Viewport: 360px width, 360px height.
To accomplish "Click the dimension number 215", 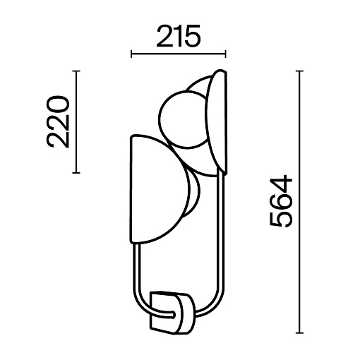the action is pyautogui.click(x=179, y=36).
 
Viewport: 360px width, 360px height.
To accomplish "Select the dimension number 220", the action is pyautogui.click(x=58, y=121).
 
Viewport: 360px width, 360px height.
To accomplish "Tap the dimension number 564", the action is pyautogui.click(x=281, y=201).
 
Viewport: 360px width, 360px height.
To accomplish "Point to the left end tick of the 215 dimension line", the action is pyautogui.click(x=131, y=54).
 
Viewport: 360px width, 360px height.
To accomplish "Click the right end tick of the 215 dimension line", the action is pyautogui.click(x=226, y=54).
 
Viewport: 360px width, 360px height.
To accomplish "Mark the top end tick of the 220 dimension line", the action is pyautogui.click(x=76, y=71).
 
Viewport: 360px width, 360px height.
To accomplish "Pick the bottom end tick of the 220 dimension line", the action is pyautogui.click(x=76, y=173).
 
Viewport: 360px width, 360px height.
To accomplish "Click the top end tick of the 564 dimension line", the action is pyautogui.click(x=299, y=71).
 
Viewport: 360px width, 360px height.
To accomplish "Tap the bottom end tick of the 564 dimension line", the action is pyautogui.click(x=299, y=333).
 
